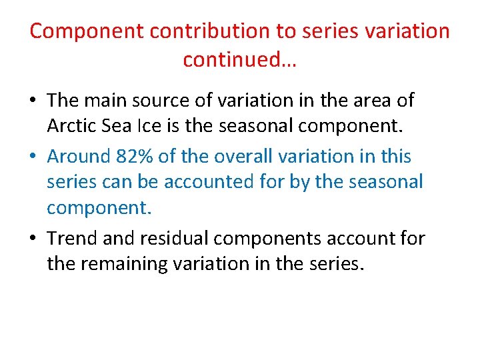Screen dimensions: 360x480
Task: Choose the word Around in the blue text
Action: pyautogui.click(x=77, y=157)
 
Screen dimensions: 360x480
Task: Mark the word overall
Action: pyautogui.click(x=241, y=157)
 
